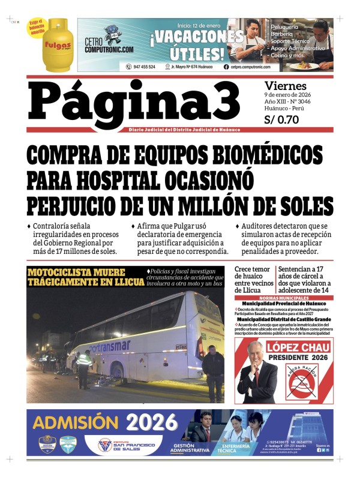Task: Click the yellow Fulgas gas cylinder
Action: pos(58,46)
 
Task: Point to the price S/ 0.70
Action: pos(282,119)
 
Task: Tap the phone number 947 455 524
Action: pos(143,67)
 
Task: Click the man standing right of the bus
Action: pos(213,372)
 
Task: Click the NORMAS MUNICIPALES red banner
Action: pos(283,298)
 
